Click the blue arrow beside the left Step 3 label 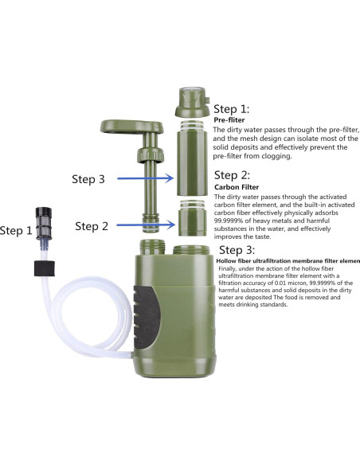click(x=145, y=178)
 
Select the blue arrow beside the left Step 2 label click(x=146, y=225)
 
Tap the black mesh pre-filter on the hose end click(x=44, y=224)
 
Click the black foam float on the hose click(x=45, y=268)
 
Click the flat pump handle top click(x=131, y=127)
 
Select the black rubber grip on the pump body click(x=145, y=317)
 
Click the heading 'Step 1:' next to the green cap click(x=231, y=109)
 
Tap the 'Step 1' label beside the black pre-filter click(x=16, y=230)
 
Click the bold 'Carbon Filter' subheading click(x=237, y=187)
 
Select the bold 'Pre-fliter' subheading click(x=229, y=120)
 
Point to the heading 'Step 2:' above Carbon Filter click(x=232, y=175)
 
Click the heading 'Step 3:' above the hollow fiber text click(x=237, y=250)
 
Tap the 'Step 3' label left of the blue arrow click(x=88, y=179)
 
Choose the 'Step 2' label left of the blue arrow click(x=92, y=226)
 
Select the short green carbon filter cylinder click(x=192, y=218)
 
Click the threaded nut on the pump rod click(x=151, y=155)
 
